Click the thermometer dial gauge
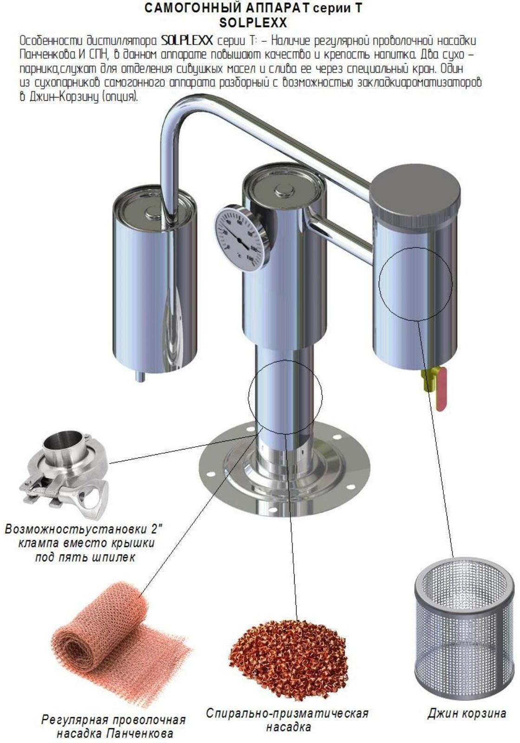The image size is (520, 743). pos(241,237)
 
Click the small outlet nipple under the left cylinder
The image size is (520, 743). pos(140,376)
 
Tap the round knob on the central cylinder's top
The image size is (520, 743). pos(284,191)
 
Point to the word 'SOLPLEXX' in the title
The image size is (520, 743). pos(253,23)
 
